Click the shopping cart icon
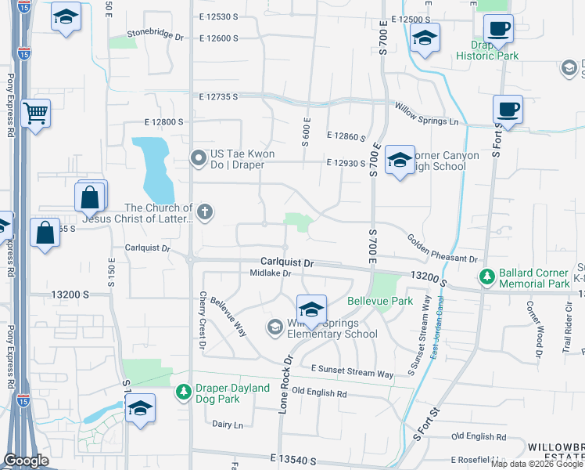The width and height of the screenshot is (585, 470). (x=36, y=114)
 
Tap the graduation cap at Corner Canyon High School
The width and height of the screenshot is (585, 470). (x=400, y=160)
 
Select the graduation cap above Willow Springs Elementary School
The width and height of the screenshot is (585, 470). (x=310, y=309)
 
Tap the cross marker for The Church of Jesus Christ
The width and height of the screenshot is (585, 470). (x=204, y=211)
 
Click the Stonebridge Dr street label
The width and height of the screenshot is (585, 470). (x=155, y=37)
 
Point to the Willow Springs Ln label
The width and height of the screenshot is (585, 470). (x=426, y=115)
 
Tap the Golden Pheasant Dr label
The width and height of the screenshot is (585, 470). (x=441, y=248)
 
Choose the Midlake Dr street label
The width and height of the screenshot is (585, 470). (x=270, y=273)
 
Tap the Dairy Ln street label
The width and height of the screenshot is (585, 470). (x=228, y=424)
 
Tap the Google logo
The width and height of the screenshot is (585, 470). (x=26, y=461)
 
